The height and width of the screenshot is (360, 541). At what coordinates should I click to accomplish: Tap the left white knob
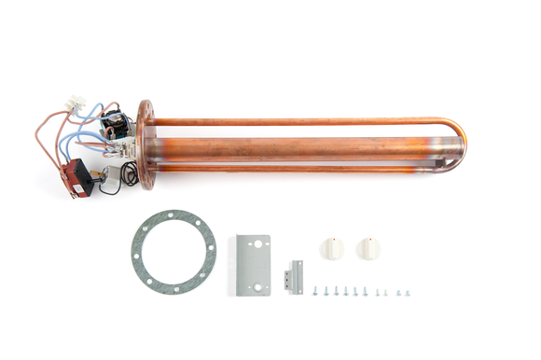(x=332, y=250)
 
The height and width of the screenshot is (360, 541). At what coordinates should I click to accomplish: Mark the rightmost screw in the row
(x=407, y=293)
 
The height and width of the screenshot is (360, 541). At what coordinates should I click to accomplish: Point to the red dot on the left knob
(x=334, y=239)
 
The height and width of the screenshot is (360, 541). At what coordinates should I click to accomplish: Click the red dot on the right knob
(x=370, y=239)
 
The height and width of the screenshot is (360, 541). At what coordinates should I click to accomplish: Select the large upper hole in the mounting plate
(x=257, y=243)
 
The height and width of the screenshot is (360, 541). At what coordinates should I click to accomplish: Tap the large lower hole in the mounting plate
(x=257, y=286)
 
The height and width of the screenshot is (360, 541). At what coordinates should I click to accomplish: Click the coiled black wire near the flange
(x=130, y=173)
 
